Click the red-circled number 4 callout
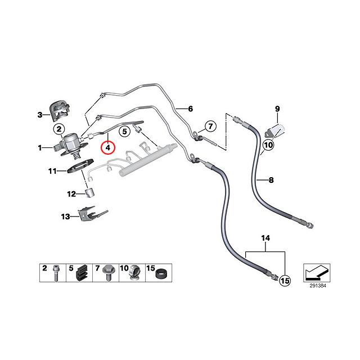[107, 147]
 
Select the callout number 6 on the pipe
[190, 109]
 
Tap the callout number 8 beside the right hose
[271, 181]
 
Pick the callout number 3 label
[40, 115]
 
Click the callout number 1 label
[40, 148]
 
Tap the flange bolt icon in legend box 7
[107, 274]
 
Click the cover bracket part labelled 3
[58, 109]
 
